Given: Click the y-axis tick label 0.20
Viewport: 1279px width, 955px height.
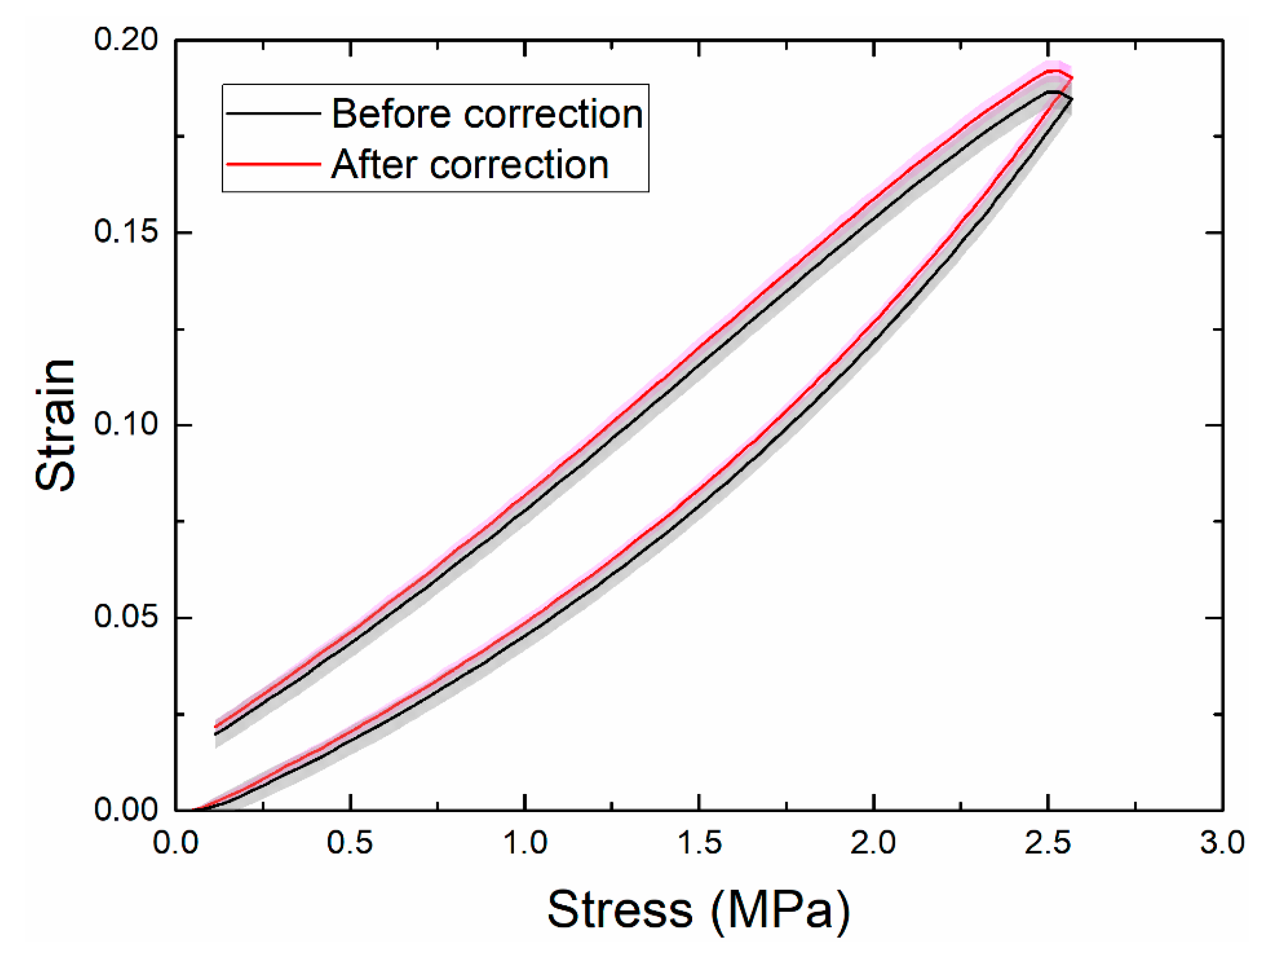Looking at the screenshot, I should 125,40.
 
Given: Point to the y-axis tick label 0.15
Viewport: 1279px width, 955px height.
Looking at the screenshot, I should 125,232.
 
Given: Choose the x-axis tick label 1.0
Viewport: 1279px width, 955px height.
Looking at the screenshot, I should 525,843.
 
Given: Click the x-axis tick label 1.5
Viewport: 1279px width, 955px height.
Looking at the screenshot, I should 699,843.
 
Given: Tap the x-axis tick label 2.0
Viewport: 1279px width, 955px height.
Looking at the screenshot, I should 873,843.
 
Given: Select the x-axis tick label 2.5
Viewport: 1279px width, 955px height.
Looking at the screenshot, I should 1048,843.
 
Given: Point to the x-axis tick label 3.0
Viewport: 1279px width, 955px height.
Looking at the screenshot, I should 1222,843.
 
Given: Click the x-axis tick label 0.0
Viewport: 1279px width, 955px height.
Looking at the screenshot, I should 176,843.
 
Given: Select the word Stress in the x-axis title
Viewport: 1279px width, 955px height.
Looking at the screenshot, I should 620,909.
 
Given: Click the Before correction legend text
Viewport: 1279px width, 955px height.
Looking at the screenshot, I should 487,113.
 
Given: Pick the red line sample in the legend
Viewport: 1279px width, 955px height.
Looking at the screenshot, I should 273,164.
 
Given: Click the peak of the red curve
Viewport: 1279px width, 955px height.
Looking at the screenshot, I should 1053,71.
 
